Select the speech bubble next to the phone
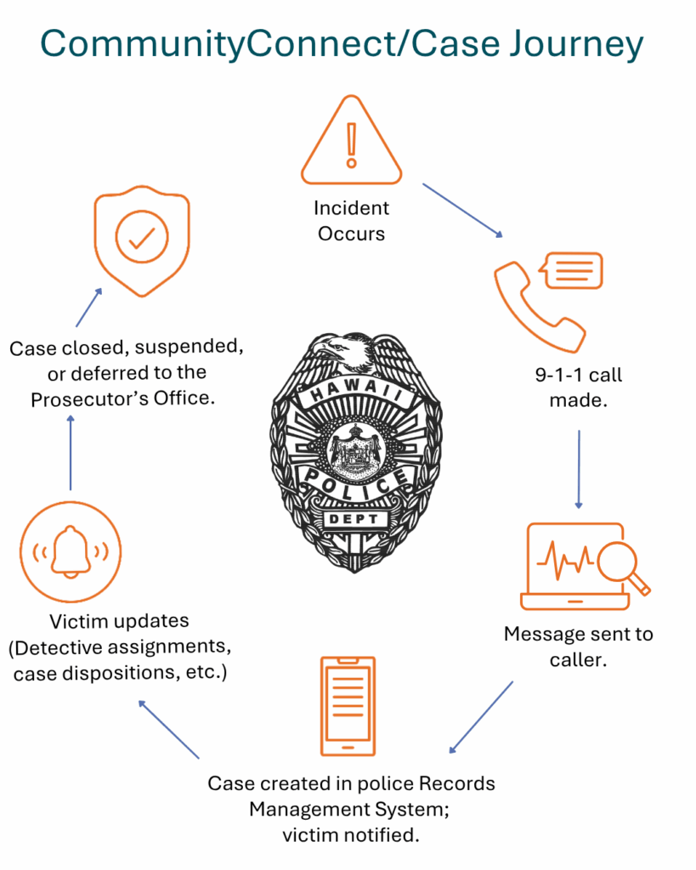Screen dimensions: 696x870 (572, 271)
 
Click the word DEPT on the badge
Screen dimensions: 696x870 (354, 519)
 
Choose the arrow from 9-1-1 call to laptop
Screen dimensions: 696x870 (579, 469)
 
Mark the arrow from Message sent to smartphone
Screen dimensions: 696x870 (481, 717)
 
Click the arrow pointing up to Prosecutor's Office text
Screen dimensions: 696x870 (71, 452)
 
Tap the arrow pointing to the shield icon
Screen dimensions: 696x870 (88, 308)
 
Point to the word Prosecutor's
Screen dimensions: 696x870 (89, 399)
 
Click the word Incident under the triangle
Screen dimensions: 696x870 (351, 207)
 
